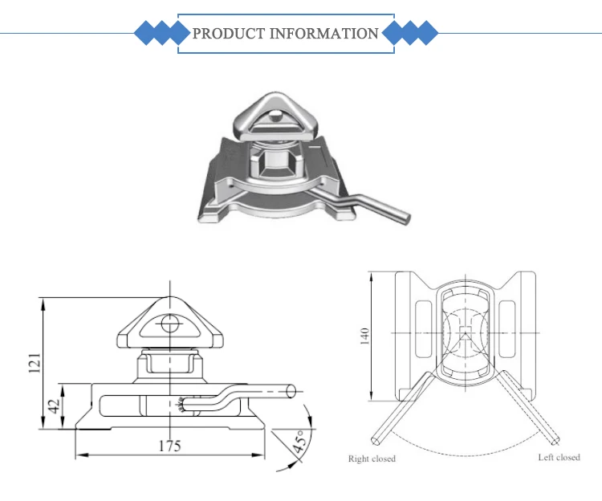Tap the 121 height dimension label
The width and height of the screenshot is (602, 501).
[x=35, y=365]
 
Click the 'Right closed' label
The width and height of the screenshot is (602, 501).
[x=372, y=458]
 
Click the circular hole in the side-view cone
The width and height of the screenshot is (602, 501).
[x=169, y=324]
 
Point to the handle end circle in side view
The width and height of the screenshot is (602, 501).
[x=291, y=391]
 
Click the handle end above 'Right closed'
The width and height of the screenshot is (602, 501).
[x=377, y=441]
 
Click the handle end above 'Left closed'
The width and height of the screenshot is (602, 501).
[x=555, y=440]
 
